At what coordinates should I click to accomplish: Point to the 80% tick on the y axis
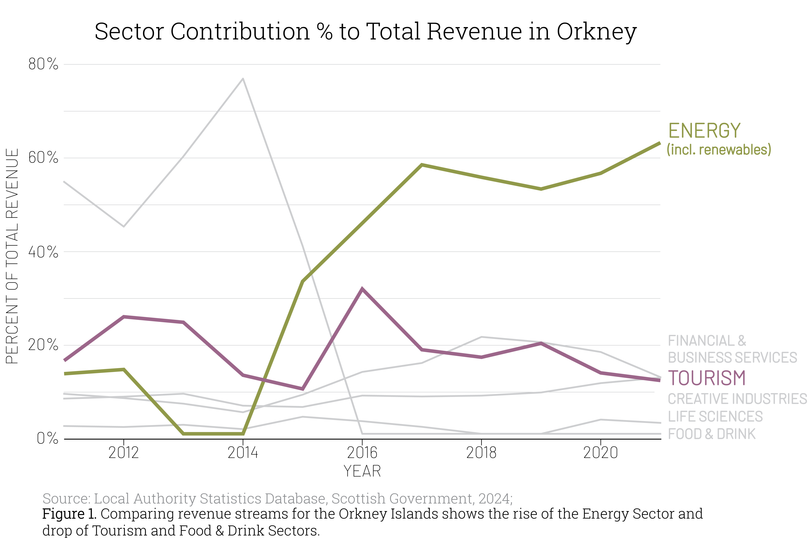pyautogui.click(x=43, y=64)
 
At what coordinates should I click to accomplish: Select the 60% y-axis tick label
pyautogui.click(x=43, y=158)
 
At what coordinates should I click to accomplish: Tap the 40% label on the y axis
pyautogui.click(x=43, y=252)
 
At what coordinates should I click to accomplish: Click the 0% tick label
pyautogui.click(x=47, y=439)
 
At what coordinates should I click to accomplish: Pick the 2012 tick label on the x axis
pyautogui.click(x=124, y=453)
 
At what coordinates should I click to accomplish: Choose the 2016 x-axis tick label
pyautogui.click(x=362, y=453)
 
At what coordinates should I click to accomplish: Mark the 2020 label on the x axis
pyautogui.click(x=601, y=453)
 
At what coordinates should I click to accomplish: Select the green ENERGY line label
pyautogui.click(x=704, y=131)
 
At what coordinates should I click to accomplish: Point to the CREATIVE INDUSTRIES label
pyautogui.click(x=737, y=399)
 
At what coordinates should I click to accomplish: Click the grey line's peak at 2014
pyautogui.click(x=243, y=79)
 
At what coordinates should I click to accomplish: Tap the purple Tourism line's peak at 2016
pyautogui.click(x=362, y=289)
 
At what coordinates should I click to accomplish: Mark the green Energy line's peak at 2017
pyautogui.click(x=422, y=165)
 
